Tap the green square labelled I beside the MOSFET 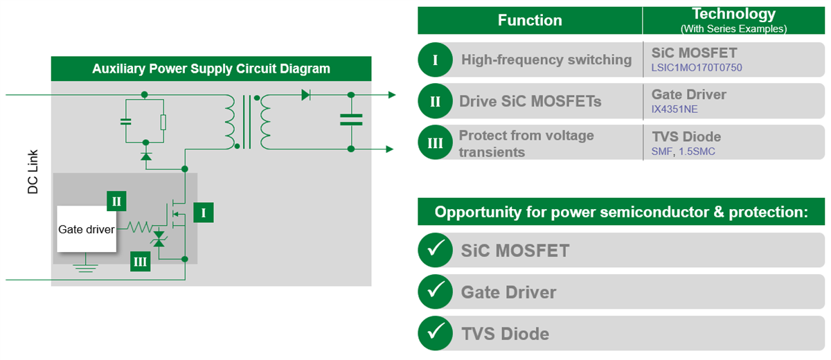204,213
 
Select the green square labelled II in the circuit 116,201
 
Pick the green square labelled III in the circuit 140,262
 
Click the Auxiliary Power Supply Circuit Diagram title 211,69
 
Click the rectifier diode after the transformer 305,95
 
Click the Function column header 530,20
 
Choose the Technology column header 733,19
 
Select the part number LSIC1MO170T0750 697,69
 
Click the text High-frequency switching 546,60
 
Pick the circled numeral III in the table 435,143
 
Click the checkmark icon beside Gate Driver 435,292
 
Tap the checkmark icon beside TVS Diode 435,334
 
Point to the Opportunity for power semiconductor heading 621,212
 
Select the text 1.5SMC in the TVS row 696,152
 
